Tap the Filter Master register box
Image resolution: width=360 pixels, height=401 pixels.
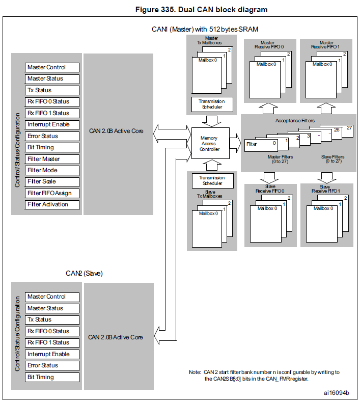tap(52, 159)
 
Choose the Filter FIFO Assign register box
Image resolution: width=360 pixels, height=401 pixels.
tap(52, 193)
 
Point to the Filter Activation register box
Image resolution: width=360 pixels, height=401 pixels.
tap(52, 204)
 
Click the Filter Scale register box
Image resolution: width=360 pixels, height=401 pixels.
tap(52, 181)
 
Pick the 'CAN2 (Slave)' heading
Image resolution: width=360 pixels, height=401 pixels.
tap(84, 273)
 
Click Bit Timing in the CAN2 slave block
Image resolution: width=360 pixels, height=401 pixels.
tap(52, 377)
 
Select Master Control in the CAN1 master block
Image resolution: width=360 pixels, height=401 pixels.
tap(52, 67)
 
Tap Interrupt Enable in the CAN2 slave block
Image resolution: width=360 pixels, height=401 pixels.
tap(52, 354)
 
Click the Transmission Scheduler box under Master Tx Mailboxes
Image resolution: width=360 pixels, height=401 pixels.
tap(211, 104)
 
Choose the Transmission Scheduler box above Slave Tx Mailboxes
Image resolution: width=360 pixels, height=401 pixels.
tap(211, 180)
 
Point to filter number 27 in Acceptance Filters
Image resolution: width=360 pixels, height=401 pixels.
tap(349, 128)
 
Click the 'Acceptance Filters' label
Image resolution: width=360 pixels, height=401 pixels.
tap(295, 121)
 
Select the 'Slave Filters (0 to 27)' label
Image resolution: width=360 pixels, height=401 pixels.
tap(333, 158)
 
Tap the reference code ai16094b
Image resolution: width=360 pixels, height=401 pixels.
tap(336, 393)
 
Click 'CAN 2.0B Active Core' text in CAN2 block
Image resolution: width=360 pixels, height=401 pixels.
tap(116, 337)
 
